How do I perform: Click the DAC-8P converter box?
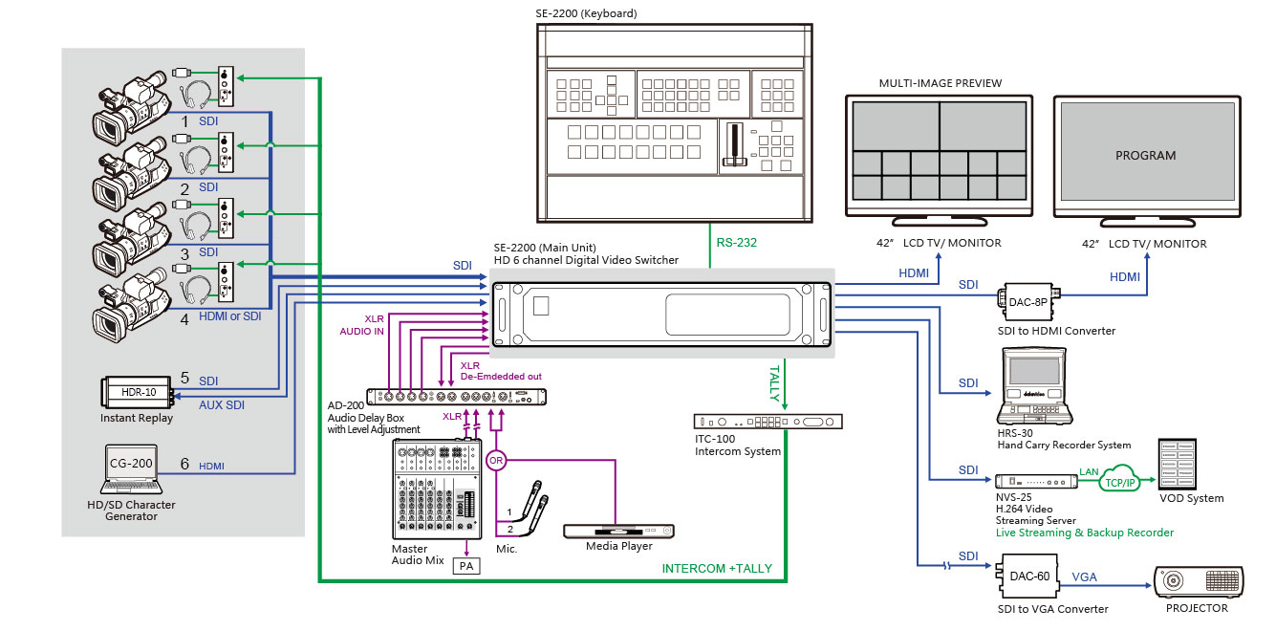pos(1028,301)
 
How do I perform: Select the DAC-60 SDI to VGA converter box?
pos(1027,576)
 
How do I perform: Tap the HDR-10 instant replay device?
pos(138,392)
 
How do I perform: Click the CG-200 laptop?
pos(132,469)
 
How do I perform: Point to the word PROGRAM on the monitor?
pos(1146,156)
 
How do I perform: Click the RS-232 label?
pos(737,242)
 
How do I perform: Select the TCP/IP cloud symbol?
pos(1119,479)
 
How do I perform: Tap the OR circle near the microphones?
pos(496,461)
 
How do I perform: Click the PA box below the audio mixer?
pos(466,566)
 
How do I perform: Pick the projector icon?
pos(1199,582)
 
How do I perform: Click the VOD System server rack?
pos(1177,464)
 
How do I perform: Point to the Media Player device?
pos(618,532)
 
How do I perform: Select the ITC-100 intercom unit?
pos(768,422)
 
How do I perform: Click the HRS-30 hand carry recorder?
pos(1035,386)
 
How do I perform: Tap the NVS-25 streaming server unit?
pos(1036,482)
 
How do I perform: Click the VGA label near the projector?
pos(1084,577)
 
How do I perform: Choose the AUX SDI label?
pos(222,405)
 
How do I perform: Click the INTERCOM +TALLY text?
pos(717,568)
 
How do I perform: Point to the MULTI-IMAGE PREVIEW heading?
pos(940,83)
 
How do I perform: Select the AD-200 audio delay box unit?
pos(456,397)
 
